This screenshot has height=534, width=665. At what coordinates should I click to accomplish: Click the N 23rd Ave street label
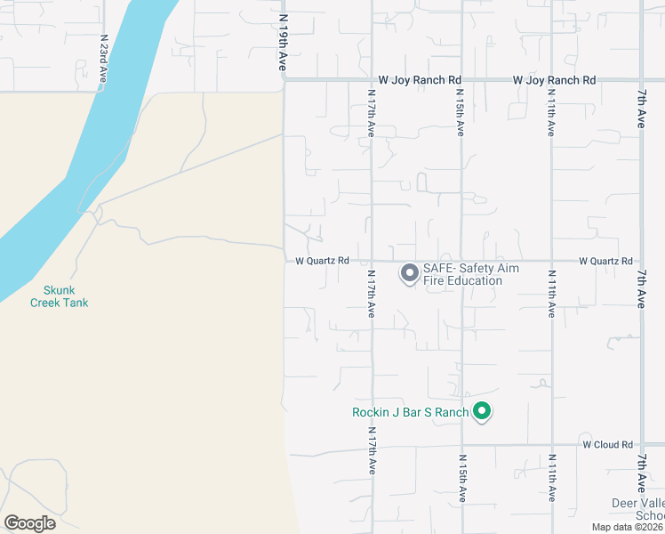click(x=103, y=61)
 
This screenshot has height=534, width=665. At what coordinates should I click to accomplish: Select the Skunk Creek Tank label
click(x=60, y=296)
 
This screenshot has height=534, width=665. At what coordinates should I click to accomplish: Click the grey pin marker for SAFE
click(x=409, y=272)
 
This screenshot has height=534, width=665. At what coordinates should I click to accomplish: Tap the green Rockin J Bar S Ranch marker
click(x=482, y=411)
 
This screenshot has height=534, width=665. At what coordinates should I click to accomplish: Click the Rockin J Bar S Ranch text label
click(x=410, y=412)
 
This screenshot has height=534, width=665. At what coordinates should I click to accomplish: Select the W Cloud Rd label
click(x=607, y=444)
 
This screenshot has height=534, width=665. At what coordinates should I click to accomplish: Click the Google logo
click(x=29, y=523)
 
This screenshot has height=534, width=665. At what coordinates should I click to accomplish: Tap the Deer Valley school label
click(x=637, y=509)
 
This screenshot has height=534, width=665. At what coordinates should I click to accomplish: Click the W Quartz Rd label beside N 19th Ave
click(x=322, y=261)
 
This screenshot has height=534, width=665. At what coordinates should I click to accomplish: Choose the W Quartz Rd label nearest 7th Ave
click(x=605, y=261)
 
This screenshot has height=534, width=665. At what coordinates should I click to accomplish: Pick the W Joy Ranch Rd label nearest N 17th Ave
click(x=420, y=80)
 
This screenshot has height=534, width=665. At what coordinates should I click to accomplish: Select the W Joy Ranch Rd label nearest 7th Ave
click(x=554, y=80)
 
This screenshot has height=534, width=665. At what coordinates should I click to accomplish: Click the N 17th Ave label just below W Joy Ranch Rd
click(x=372, y=112)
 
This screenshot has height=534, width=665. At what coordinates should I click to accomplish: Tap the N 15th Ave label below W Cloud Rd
click(x=462, y=478)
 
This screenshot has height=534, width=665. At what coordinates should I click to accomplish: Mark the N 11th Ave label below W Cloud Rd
click(x=552, y=478)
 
